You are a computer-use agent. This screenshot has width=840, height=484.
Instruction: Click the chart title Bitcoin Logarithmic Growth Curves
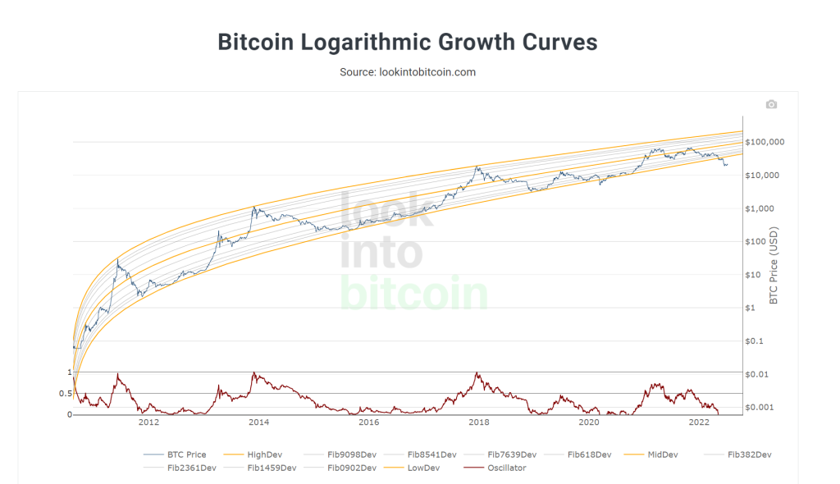408,43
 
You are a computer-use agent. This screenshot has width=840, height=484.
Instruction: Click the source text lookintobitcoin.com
408,72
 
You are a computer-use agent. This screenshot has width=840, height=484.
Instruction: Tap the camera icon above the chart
770,104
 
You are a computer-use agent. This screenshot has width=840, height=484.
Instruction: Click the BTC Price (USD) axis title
774,265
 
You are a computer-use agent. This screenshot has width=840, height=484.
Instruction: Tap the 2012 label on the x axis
148,423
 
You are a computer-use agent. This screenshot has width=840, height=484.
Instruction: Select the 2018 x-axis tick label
479,423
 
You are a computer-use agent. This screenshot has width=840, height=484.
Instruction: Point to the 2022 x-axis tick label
699,423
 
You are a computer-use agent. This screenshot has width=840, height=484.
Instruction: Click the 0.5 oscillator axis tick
66,394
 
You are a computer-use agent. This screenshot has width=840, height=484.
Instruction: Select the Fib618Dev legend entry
590,454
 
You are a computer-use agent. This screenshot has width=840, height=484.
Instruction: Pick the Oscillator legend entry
507,468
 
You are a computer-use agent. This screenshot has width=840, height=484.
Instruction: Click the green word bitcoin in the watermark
413,293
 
